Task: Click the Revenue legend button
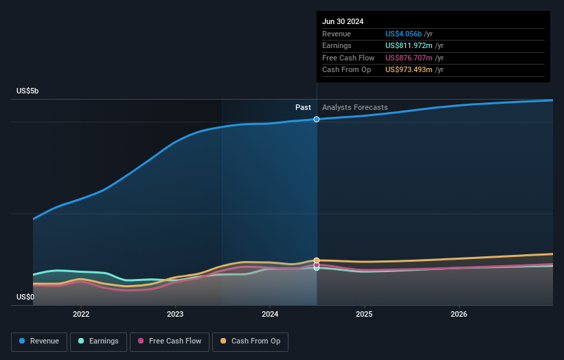(39, 341)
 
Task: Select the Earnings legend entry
(98, 341)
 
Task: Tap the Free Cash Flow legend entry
(168, 341)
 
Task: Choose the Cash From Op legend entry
(251, 341)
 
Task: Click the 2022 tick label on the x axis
(81, 314)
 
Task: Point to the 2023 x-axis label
(175, 314)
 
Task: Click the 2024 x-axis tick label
(270, 314)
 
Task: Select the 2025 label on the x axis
(364, 314)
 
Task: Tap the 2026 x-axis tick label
(459, 314)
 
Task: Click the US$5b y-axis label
(28, 91)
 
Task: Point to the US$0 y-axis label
(25, 297)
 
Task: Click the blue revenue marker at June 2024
(317, 120)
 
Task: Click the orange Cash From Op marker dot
(317, 260)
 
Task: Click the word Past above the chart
(303, 107)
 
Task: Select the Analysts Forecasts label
(354, 107)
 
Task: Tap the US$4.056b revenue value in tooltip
(404, 34)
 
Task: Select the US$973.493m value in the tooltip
(408, 70)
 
